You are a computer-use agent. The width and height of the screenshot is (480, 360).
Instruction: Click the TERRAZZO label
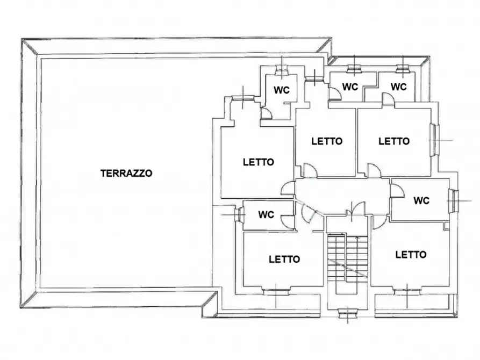(x=126, y=173)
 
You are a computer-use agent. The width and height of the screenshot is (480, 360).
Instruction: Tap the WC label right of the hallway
(x=421, y=200)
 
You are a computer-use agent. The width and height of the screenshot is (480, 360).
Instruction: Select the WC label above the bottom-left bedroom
(x=266, y=214)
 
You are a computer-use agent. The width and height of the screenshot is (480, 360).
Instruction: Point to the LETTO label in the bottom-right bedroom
(x=411, y=254)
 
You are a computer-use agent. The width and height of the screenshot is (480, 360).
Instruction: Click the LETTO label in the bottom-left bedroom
(x=284, y=259)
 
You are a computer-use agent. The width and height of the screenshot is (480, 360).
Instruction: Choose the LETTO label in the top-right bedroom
(x=394, y=141)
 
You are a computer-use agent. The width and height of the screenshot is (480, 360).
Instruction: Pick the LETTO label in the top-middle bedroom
(x=327, y=141)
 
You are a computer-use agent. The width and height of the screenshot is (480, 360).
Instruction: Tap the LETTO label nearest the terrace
(x=258, y=161)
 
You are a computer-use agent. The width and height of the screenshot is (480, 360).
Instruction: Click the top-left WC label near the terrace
(x=282, y=90)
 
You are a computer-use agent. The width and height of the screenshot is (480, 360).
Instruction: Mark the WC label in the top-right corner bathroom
(x=398, y=87)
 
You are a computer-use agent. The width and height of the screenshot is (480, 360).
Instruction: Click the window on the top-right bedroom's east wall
(x=434, y=140)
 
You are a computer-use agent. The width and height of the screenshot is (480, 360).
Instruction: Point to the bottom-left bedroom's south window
(x=276, y=291)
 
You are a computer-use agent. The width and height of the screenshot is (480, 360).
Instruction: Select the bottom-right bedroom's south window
(x=406, y=291)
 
